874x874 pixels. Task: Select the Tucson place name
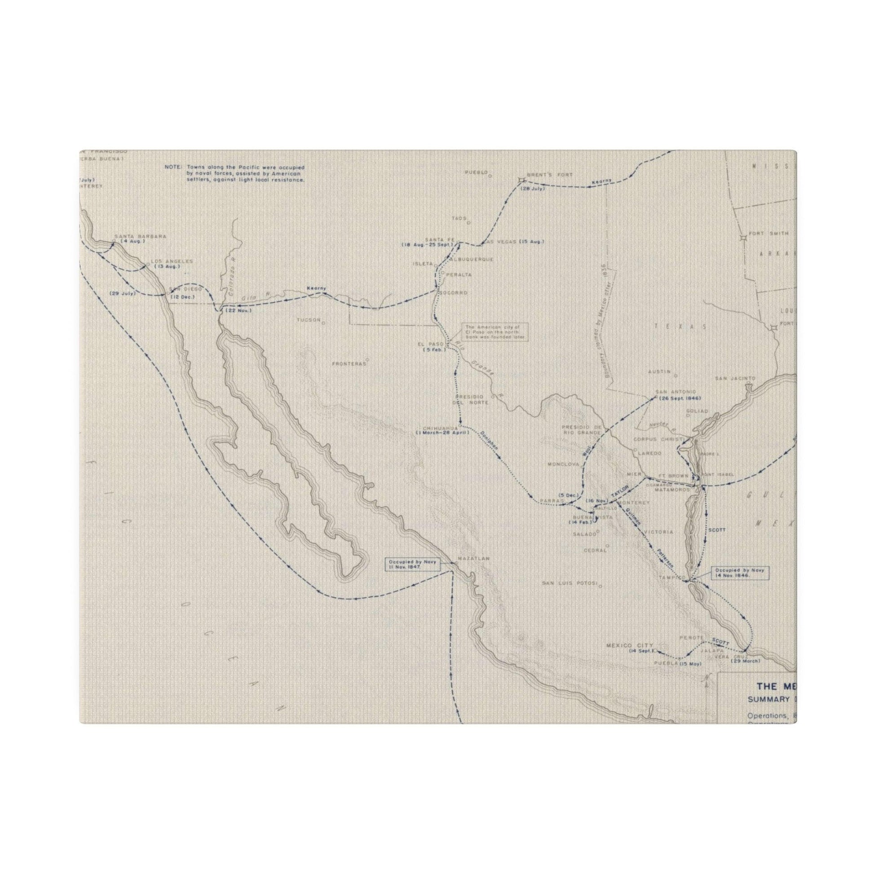pos(308,320)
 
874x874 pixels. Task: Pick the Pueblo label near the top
pos(477,172)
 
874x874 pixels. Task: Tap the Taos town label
pos(459,218)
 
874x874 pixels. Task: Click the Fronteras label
pos(349,363)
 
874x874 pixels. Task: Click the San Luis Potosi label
pos(569,583)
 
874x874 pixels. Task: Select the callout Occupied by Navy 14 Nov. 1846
pos(739,573)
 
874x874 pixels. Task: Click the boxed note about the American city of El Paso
pos(494,332)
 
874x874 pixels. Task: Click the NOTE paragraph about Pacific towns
pos(234,174)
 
